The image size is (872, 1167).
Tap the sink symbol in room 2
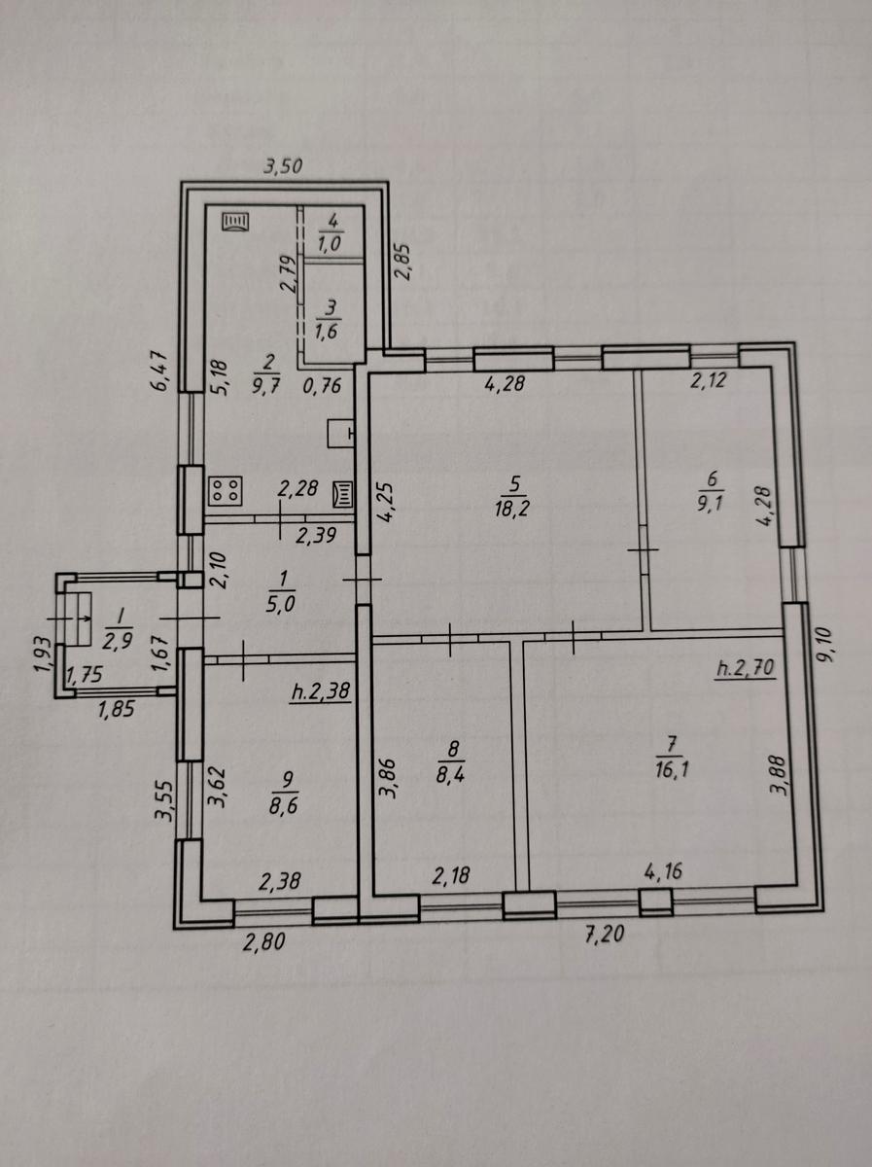click(341, 434)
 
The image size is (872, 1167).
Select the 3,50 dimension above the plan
click(283, 167)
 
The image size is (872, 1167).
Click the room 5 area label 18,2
click(511, 510)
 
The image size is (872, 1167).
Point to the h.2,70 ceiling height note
click(746, 668)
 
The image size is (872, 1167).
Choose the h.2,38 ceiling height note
click(321, 691)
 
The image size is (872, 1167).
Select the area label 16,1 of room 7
click(672, 770)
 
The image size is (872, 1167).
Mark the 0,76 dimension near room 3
click(322, 385)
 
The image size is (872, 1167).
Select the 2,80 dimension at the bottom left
click(264, 942)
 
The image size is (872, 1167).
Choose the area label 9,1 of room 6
click(711, 502)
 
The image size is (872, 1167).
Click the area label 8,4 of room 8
click(450, 775)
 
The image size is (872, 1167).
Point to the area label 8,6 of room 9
click(283, 806)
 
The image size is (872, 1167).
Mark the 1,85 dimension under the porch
click(116, 709)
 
